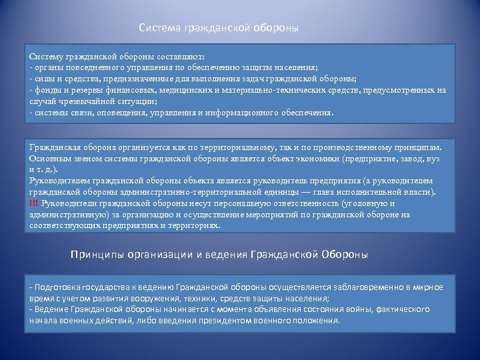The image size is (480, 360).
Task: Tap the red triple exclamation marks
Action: [x=34, y=203]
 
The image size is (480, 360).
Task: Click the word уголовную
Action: [x=366, y=203]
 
